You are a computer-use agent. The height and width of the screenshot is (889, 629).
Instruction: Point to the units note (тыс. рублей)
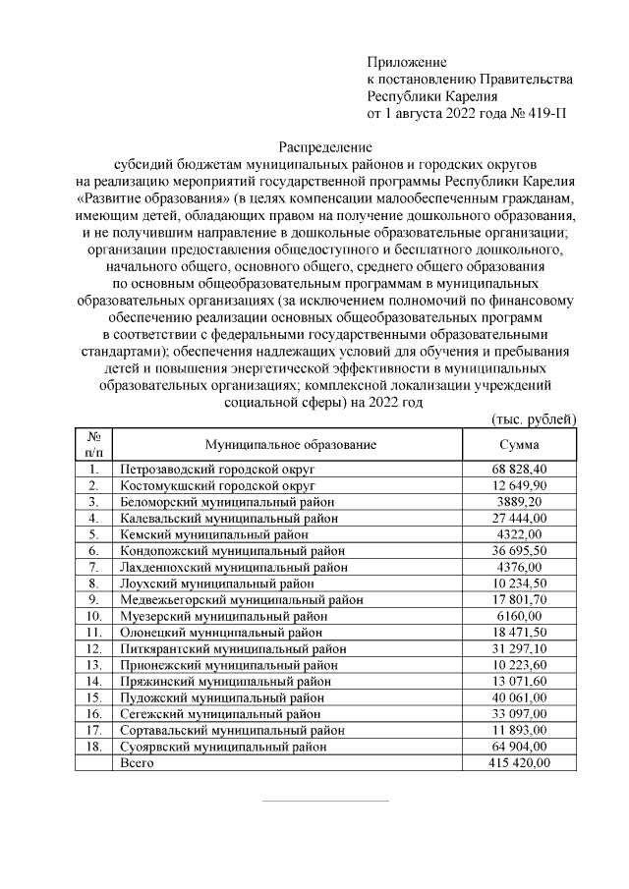(533, 419)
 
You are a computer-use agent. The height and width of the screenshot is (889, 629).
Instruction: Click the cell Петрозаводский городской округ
(217, 471)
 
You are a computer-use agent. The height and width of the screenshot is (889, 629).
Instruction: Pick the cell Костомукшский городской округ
(216, 486)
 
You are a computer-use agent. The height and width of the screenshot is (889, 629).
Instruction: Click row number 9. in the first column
(95, 599)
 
